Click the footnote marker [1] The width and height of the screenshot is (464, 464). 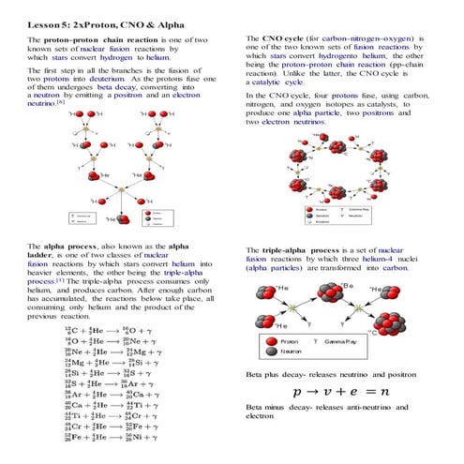coord(60,279)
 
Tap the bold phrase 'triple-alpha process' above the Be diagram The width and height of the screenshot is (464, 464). coord(303,251)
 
